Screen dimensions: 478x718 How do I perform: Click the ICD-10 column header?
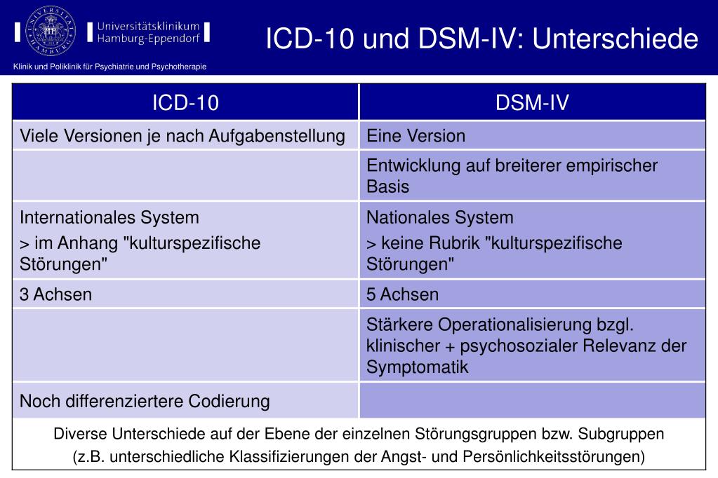point(186,103)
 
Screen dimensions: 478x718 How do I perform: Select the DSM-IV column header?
point(532,103)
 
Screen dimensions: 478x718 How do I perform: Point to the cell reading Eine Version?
point(415,135)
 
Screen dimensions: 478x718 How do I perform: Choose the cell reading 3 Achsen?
point(55,294)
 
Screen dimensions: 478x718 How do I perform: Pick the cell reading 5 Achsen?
point(402,294)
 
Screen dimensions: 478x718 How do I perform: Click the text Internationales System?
point(109,217)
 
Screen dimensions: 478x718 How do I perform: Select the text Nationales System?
point(439,217)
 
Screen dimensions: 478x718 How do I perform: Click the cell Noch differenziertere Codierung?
point(145,402)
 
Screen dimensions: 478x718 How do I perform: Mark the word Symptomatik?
point(417,367)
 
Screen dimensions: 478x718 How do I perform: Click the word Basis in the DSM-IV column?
point(387,187)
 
